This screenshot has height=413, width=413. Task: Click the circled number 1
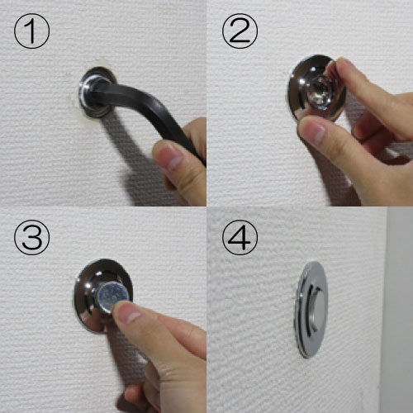[x=31, y=31]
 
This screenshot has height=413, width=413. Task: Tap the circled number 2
[x=240, y=31]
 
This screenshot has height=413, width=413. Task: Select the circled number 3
[x=31, y=237]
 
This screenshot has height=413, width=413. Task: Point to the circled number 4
[x=240, y=237]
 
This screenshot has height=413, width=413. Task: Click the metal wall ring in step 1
[x=97, y=93]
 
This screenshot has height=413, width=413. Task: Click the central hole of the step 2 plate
[x=320, y=93]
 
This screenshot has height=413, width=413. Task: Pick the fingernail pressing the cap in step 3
[x=129, y=313]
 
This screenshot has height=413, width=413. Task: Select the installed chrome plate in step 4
[x=311, y=310]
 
